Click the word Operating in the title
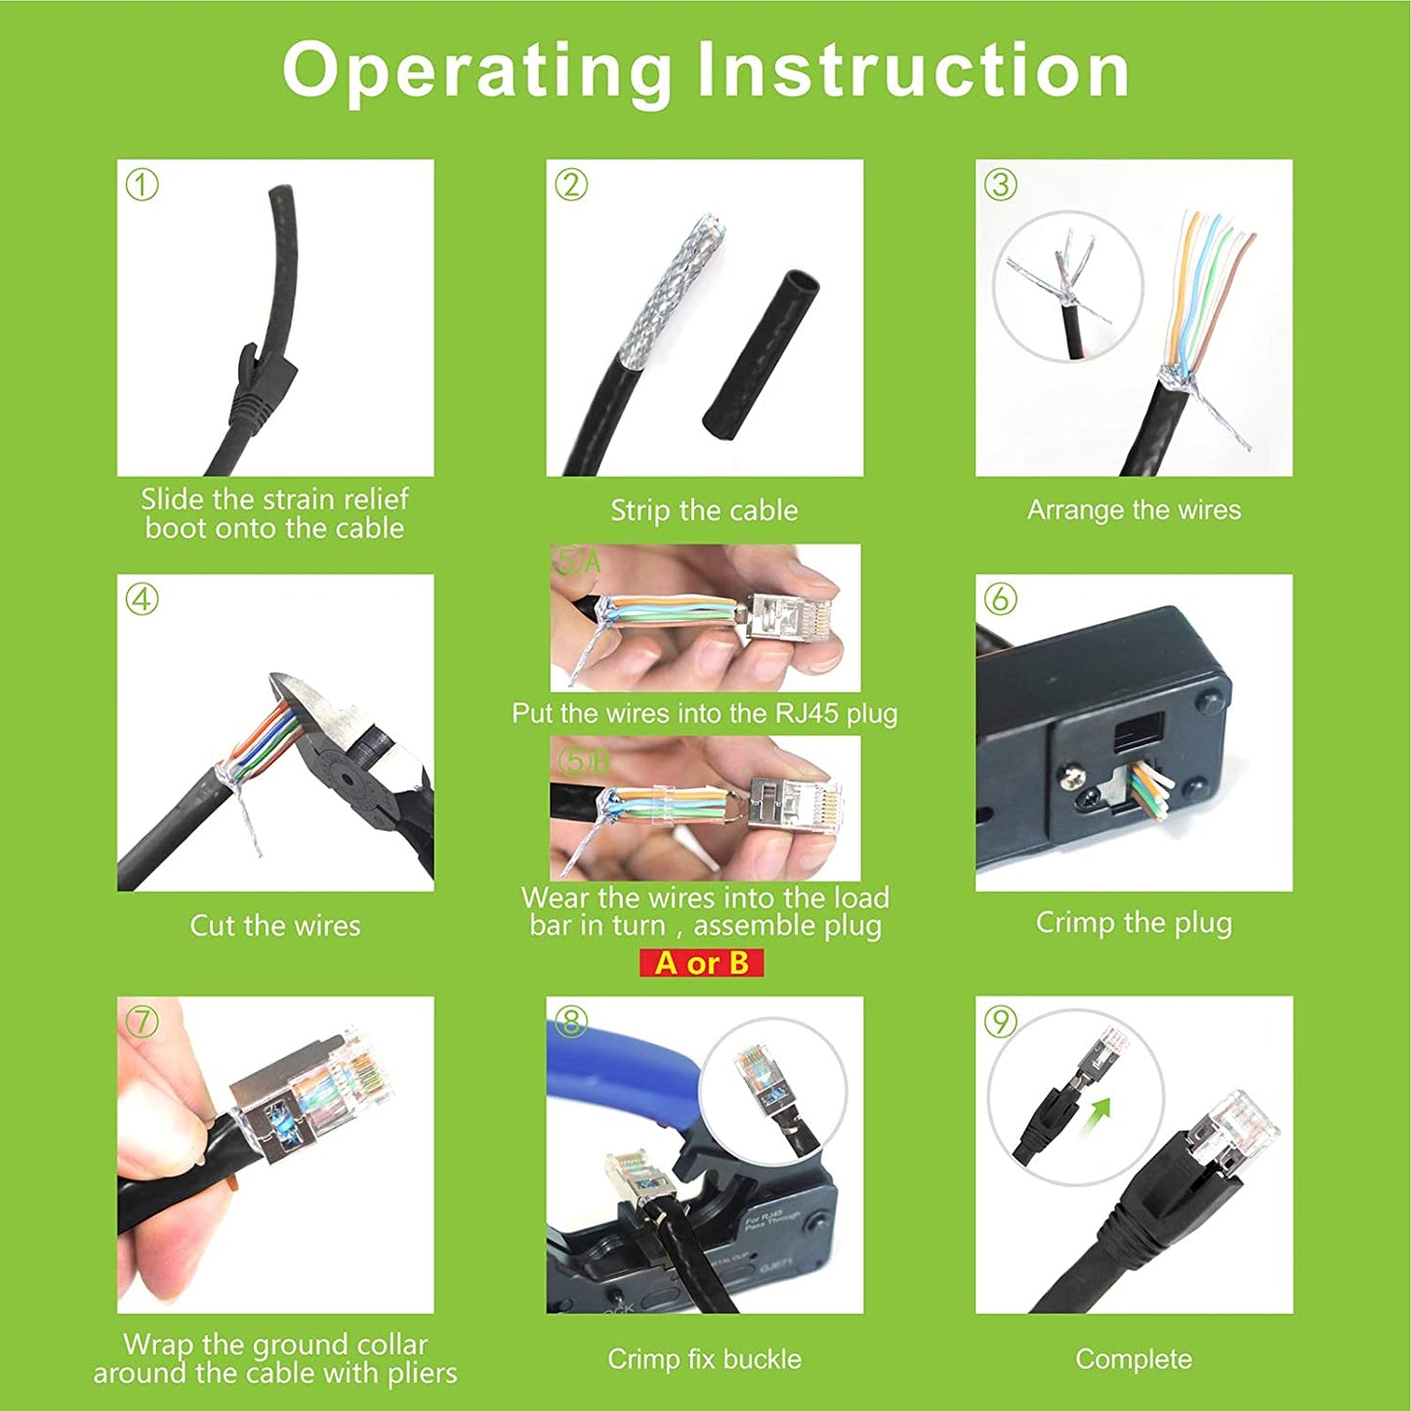pos(476,72)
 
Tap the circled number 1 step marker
pos(142,186)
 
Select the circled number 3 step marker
pos(1000,186)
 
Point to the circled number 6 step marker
pos(1000,600)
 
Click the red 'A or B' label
pos(701,963)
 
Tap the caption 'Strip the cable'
pos(704,511)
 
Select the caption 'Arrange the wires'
pos(1134,510)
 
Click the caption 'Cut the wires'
pos(275,926)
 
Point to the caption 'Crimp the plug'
pos(1134,923)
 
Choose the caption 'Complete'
pos(1134,1359)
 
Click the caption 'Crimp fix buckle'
pos(704,1359)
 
